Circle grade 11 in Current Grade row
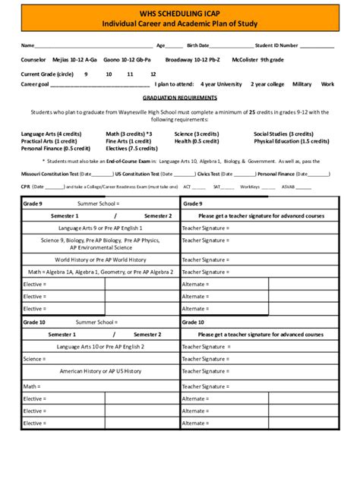[x=131, y=74]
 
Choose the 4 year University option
[x=221, y=84]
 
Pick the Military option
[x=302, y=84]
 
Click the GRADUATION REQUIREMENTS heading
[x=179, y=99]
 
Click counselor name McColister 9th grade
[x=257, y=59]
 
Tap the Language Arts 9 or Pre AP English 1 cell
[x=100, y=228]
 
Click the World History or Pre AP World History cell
[x=100, y=259]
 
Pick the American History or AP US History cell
[x=100, y=371]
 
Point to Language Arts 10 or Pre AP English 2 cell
[x=100, y=346]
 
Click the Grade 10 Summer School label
[x=98, y=322]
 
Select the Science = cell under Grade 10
[x=34, y=359]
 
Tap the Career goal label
[x=35, y=84]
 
